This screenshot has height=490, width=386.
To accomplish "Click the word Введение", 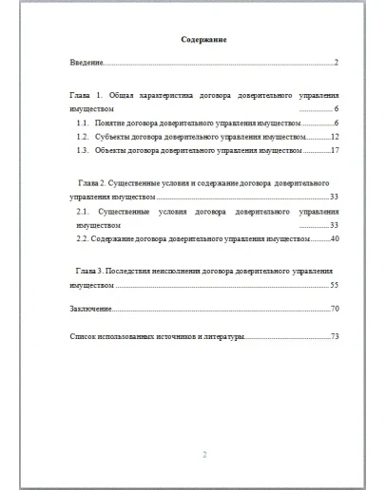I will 87,63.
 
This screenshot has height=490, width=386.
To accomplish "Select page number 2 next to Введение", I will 337,63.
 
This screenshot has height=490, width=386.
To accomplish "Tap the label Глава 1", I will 87,97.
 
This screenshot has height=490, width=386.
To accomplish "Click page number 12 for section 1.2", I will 335,137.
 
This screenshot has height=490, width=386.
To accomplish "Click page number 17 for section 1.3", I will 335,150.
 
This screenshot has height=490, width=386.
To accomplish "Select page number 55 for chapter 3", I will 335,285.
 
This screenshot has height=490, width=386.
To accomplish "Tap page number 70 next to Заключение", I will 335,310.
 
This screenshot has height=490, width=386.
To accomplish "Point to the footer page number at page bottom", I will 204,454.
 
